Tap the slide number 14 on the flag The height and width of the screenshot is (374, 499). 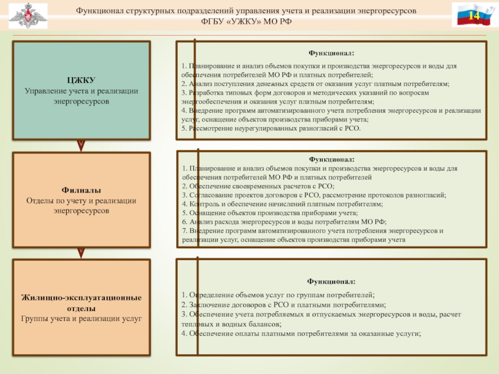tap(473, 15)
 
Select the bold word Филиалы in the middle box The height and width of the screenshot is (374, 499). tap(81, 190)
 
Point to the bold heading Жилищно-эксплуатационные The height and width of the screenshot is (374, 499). tap(81, 297)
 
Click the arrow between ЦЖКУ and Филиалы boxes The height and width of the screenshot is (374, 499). tap(81, 145)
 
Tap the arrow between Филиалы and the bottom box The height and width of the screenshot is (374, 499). tap(81, 252)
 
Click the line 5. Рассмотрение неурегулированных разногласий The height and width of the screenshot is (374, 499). tap(271, 128)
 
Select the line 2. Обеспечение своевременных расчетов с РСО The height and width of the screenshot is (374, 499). tap(258, 186)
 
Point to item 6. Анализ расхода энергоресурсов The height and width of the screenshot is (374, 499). tap(284, 221)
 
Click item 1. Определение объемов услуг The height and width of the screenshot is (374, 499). tap(278, 294)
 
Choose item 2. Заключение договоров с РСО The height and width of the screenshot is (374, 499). tap(284, 304)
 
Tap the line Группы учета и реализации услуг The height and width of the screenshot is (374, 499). tap(81, 319)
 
